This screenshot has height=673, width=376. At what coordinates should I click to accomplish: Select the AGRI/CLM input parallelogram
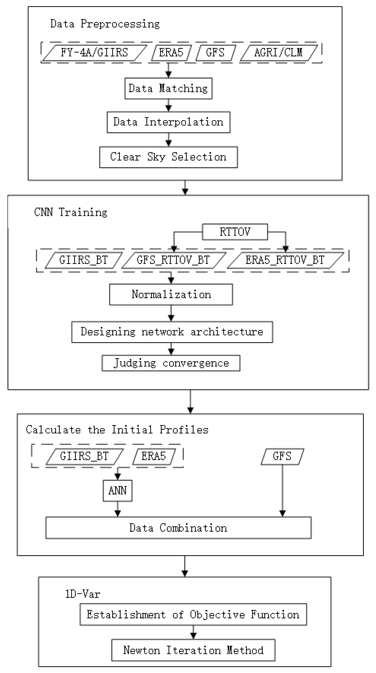pyautogui.click(x=279, y=52)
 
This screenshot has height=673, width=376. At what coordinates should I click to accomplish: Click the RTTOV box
pyautogui.click(x=235, y=232)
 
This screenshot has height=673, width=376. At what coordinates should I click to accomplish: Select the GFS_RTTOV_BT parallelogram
pyautogui.click(x=174, y=260)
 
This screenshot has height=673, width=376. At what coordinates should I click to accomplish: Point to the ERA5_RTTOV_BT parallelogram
pyautogui.click(x=285, y=260)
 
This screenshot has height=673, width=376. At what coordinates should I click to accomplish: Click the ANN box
pyautogui.click(x=118, y=491)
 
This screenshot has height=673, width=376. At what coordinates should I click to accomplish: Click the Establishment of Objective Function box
pyautogui.click(x=193, y=614)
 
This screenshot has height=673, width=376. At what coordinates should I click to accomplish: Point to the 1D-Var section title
pyautogui.click(x=83, y=594)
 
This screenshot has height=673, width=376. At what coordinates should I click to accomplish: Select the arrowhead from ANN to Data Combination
pyautogui.click(x=118, y=513)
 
